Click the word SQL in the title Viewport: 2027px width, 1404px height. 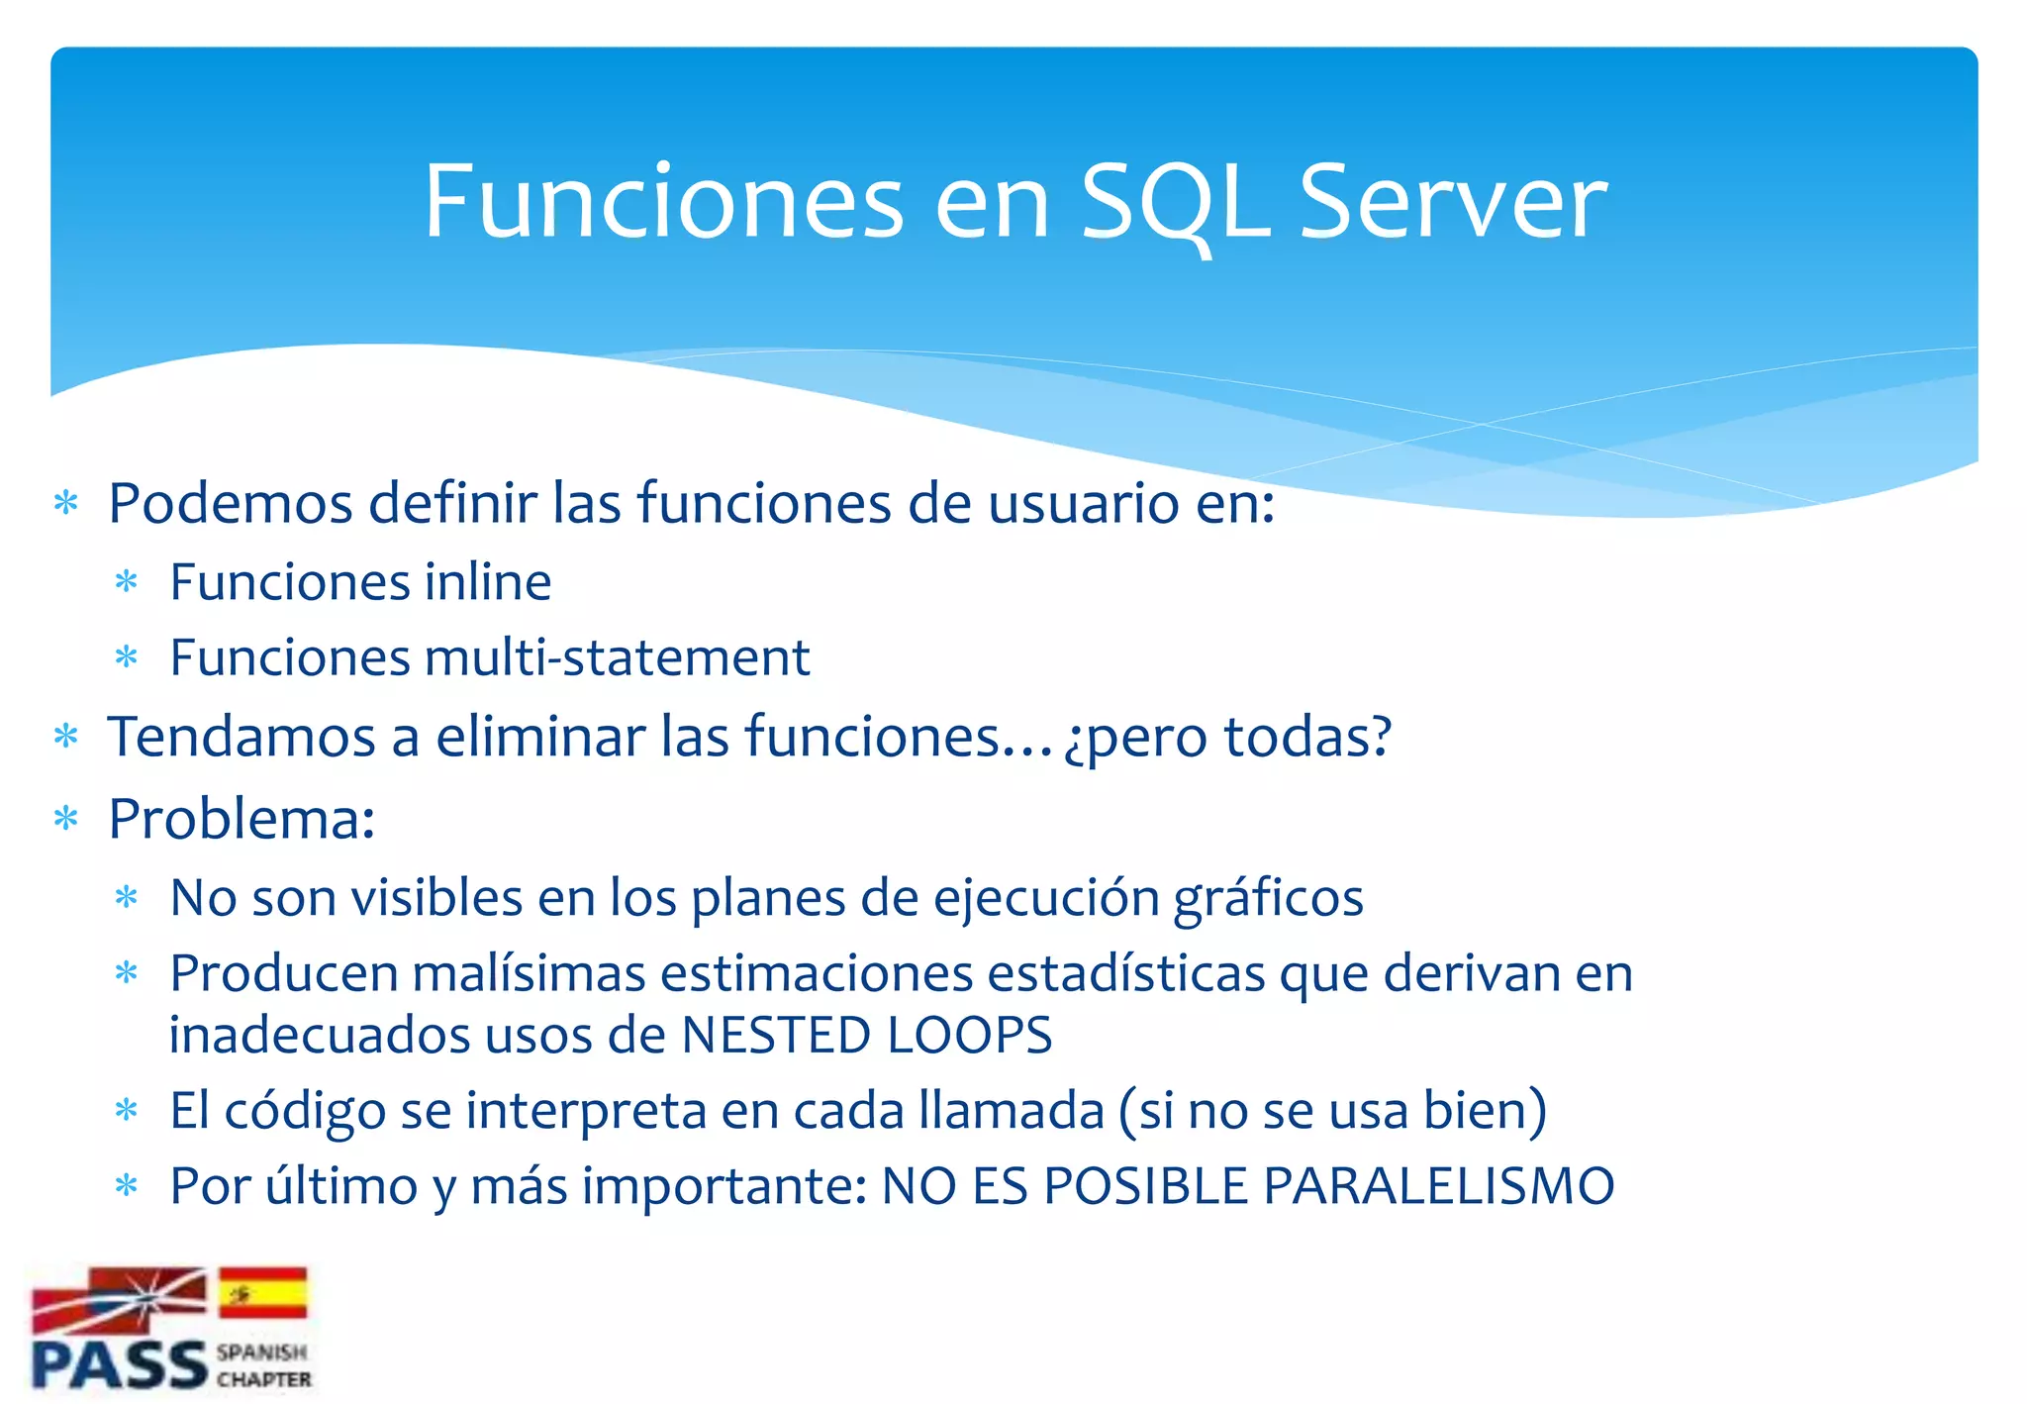1176,203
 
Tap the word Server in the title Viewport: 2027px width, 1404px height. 1452,203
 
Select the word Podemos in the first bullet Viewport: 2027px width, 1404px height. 231,503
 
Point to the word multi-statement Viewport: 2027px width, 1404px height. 617,657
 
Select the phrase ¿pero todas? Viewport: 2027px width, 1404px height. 1227,739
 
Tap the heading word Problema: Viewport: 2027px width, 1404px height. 241,820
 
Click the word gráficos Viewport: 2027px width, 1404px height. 1268,899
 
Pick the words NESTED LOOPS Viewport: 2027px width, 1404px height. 866,1036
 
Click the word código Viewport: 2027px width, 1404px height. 305,1111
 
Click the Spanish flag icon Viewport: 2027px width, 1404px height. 262,1293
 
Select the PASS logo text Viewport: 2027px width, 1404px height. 119,1365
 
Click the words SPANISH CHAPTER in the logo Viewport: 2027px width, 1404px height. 263,1365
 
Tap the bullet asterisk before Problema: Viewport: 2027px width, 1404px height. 66,820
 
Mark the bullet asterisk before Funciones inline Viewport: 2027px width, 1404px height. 127,582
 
